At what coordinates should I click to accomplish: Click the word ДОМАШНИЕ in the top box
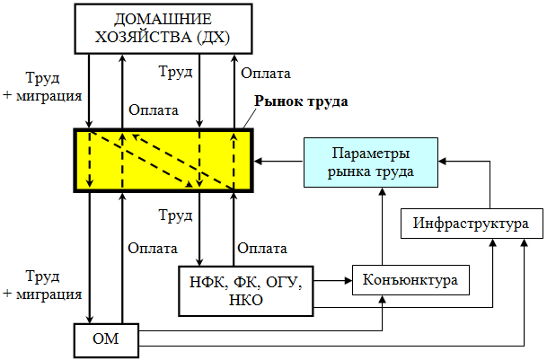(163, 19)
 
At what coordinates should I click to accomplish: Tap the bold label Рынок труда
(300, 101)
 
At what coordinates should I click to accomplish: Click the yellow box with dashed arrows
(163, 161)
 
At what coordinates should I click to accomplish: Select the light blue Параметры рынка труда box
(371, 162)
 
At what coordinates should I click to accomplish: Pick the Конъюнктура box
(410, 280)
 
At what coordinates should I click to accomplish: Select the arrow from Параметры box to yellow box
(278, 162)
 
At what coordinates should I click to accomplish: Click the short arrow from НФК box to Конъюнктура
(333, 281)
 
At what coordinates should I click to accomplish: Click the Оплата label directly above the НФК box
(261, 248)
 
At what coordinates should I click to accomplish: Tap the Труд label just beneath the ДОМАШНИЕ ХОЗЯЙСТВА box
(175, 71)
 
